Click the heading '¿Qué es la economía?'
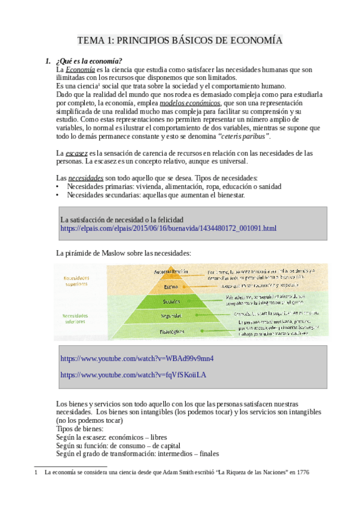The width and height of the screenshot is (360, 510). pyautogui.click(x=88, y=61)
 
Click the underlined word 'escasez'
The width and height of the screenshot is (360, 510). pyautogui.click(x=76, y=153)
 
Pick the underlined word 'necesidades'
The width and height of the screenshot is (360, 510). pyautogui.click(x=86, y=178)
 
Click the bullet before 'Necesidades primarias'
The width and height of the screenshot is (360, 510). pyautogui.click(x=57, y=186)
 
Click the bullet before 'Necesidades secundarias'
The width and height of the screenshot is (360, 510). pyautogui.click(x=57, y=195)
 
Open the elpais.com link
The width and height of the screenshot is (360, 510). pyautogui.click(x=168, y=229)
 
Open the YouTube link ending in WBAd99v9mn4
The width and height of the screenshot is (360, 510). pyautogui.click(x=137, y=358)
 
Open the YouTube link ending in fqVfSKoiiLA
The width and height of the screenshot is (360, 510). pyautogui.click(x=133, y=375)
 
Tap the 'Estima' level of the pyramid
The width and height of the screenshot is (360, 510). pyautogui.click(x=172, y=287)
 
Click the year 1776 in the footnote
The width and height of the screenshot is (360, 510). pyautogui.click(x=302, y=473)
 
